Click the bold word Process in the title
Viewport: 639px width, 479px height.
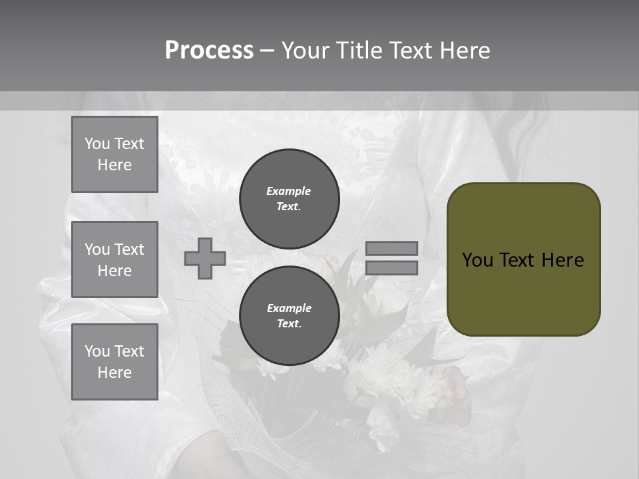209,51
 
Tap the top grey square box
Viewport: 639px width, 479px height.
114,154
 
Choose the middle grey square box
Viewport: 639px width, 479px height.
114,259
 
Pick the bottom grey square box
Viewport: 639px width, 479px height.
114,362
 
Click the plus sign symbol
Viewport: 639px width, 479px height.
205,258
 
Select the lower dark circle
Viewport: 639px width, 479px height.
290,316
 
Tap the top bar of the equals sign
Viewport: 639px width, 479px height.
391,248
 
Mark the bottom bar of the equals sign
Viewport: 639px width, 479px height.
391,267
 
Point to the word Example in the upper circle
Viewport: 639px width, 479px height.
288,191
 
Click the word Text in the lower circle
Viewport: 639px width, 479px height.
288,324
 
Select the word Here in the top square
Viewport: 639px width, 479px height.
114,165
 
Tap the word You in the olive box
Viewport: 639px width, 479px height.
477,260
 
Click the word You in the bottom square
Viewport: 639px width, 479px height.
97,351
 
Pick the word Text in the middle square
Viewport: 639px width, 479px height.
128,249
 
